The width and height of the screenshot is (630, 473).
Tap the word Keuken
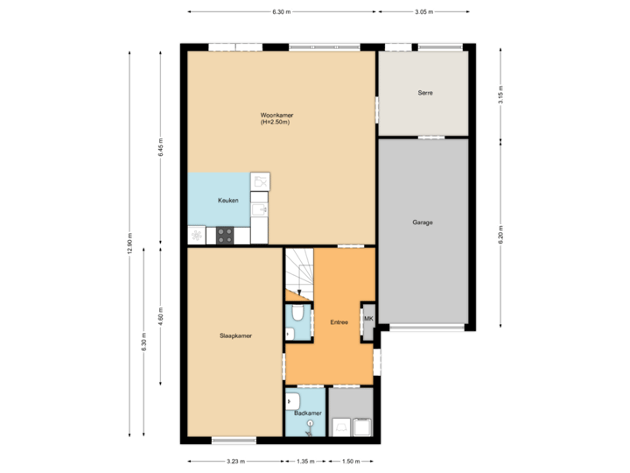[228, 201]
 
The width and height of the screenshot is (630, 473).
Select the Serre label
[425, 93]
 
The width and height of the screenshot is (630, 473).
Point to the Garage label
[423, 222]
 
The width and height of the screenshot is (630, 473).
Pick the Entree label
[339, 322]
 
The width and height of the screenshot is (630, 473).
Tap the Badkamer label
[308, 412]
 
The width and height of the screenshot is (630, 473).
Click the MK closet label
[368, 319]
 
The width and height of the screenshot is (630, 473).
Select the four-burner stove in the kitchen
[225, 235]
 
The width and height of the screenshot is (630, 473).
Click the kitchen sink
[259, 209]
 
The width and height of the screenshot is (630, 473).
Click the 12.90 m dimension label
[129, 244]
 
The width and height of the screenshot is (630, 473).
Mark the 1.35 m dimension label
[305, 461]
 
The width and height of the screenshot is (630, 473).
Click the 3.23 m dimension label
[235, 461]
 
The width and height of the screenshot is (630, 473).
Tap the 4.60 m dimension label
[160, 315]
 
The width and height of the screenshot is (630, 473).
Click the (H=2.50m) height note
[274, 122]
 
